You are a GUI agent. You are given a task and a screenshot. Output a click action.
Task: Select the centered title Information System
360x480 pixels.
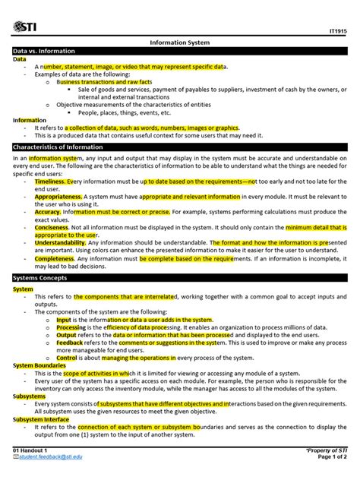(179, 43)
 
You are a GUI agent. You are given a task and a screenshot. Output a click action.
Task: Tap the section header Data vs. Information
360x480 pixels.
(44, 51)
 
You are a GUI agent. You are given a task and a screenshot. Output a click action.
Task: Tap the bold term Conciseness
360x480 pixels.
(52, 226)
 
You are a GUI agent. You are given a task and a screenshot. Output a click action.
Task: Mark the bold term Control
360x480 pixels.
(68, 356)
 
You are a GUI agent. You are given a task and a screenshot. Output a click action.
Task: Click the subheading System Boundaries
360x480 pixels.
(39, 365)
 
